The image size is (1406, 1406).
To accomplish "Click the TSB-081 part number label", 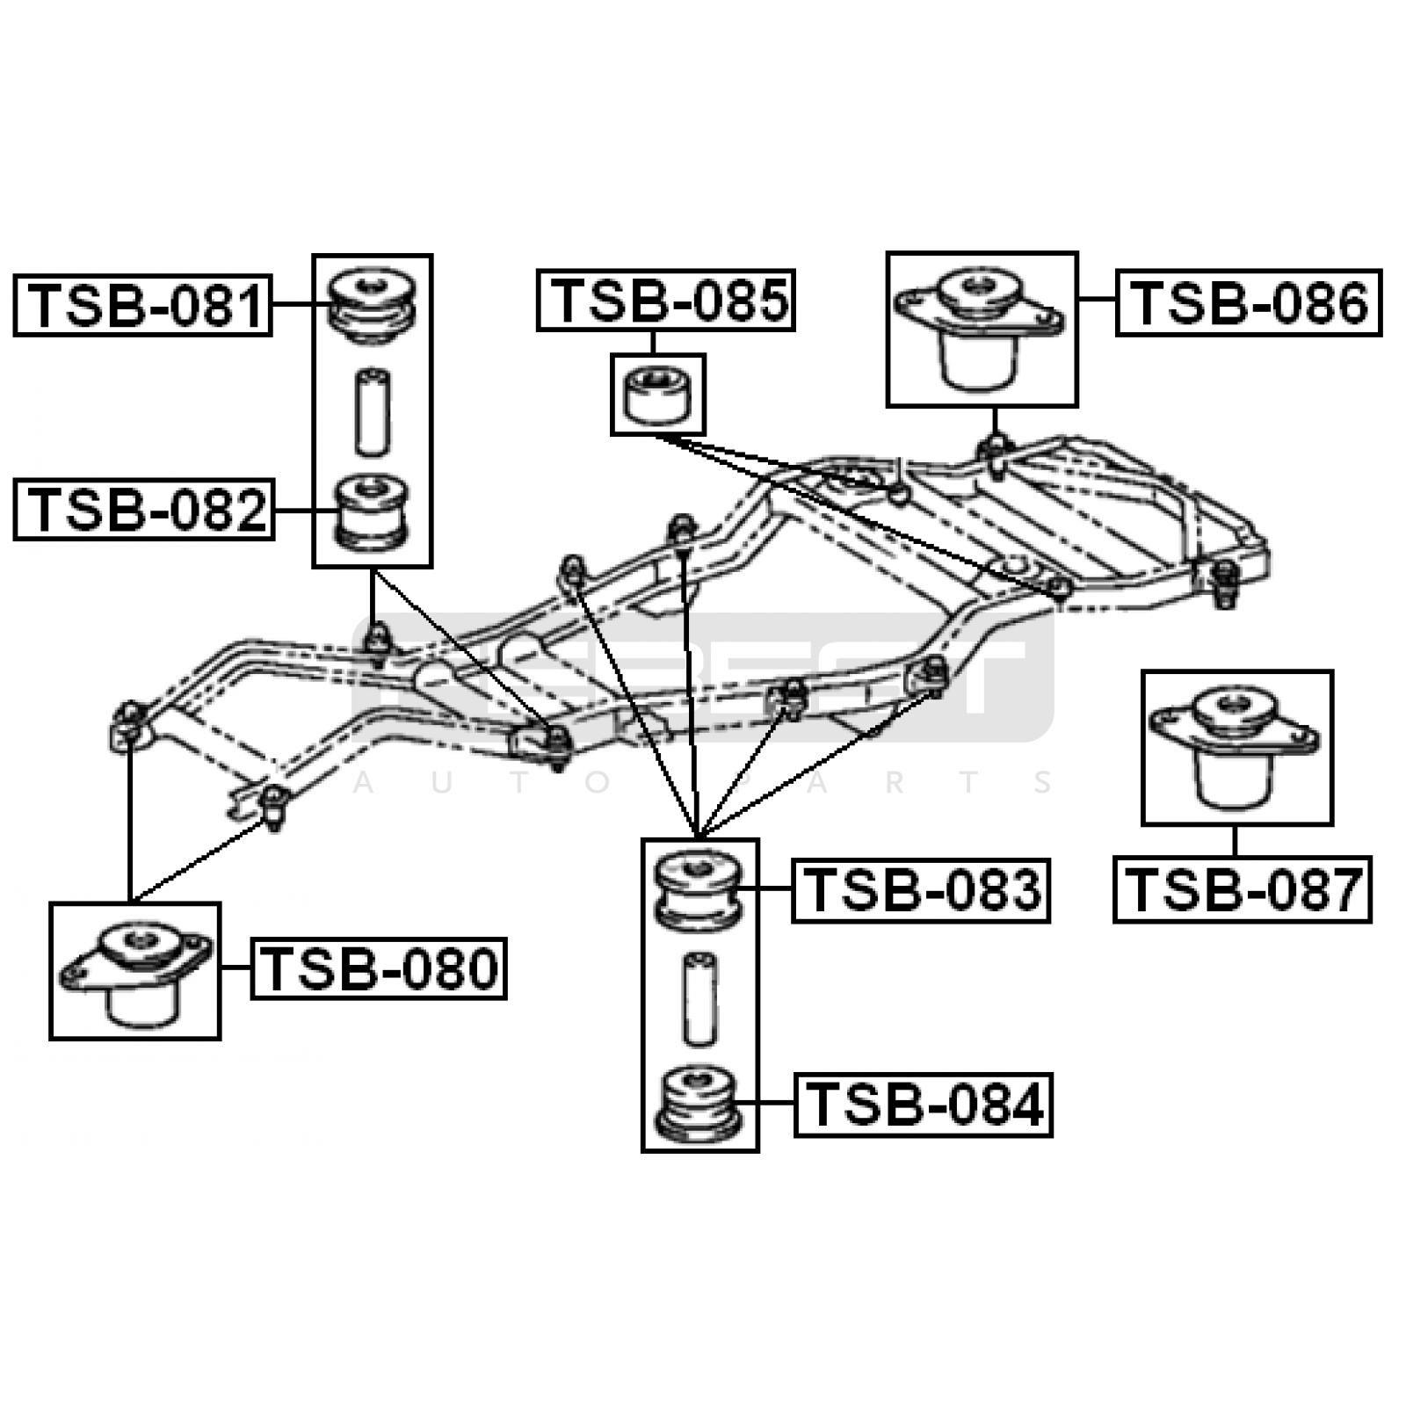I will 143,305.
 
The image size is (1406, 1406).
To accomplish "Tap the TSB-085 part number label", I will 666,301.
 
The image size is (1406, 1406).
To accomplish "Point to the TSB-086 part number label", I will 1249,303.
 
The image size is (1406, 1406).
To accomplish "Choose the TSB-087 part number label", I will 1243,889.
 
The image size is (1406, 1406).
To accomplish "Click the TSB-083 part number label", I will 921,890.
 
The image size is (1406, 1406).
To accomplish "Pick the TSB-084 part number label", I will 924,1105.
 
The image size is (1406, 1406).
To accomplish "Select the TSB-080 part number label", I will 380,968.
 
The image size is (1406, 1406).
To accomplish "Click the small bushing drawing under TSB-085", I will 658,395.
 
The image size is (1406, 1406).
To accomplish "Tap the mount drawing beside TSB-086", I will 981,330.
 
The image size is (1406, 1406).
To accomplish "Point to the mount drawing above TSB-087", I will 1236,747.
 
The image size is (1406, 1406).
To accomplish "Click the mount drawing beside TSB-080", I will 134,971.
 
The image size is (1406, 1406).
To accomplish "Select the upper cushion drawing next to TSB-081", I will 372,303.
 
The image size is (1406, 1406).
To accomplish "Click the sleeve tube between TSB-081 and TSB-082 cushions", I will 373,411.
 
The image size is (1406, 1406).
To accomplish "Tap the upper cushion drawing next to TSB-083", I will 699,889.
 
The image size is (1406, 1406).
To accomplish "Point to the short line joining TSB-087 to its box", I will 1235,841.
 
